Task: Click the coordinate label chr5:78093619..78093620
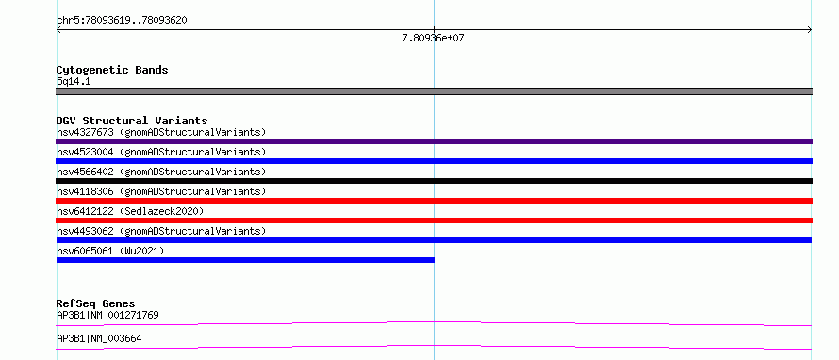122,21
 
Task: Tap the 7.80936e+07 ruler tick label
433,39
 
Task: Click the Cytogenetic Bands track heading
112,70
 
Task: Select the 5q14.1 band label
74,82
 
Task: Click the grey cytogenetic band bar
434,91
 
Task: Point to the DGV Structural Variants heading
132,121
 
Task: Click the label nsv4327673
85,132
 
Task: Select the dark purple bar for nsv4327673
434,141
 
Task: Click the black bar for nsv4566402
434,181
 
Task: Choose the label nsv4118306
85,191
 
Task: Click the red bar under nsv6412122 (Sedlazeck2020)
434,221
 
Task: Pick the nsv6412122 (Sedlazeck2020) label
130,211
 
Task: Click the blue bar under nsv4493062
434,240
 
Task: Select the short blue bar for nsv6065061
245,260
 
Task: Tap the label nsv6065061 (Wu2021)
109,251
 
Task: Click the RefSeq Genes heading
95,303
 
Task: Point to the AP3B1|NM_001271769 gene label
107,315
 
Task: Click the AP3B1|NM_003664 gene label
99,338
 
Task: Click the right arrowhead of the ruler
810,30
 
